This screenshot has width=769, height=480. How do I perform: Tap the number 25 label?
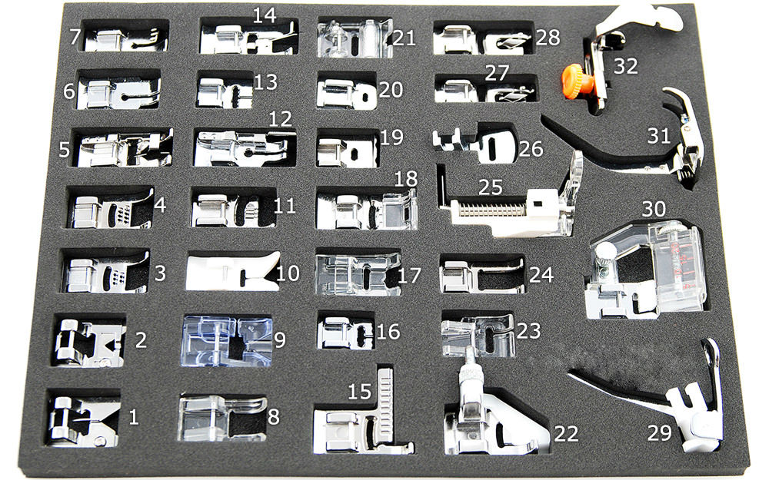[x=491, y=187]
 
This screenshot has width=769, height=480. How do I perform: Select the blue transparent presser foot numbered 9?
[x=227, y=342]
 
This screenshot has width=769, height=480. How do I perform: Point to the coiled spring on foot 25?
[x=492, y=210]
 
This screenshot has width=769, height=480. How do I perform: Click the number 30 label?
[x=654, y=209]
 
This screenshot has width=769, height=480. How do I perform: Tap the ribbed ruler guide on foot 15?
[x=385, y=403]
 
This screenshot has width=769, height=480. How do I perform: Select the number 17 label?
[x=409, y=276]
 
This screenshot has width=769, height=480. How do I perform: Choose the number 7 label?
[x=75, y=36]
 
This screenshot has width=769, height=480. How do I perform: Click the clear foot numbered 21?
[x=354, y=38]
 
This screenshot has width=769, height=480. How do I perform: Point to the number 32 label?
[x=626, y=65]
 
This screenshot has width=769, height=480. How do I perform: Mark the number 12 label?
[x=280, y=118]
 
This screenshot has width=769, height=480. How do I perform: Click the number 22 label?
[x=566, y=434]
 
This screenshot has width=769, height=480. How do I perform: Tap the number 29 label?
[x=660, y=433]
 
